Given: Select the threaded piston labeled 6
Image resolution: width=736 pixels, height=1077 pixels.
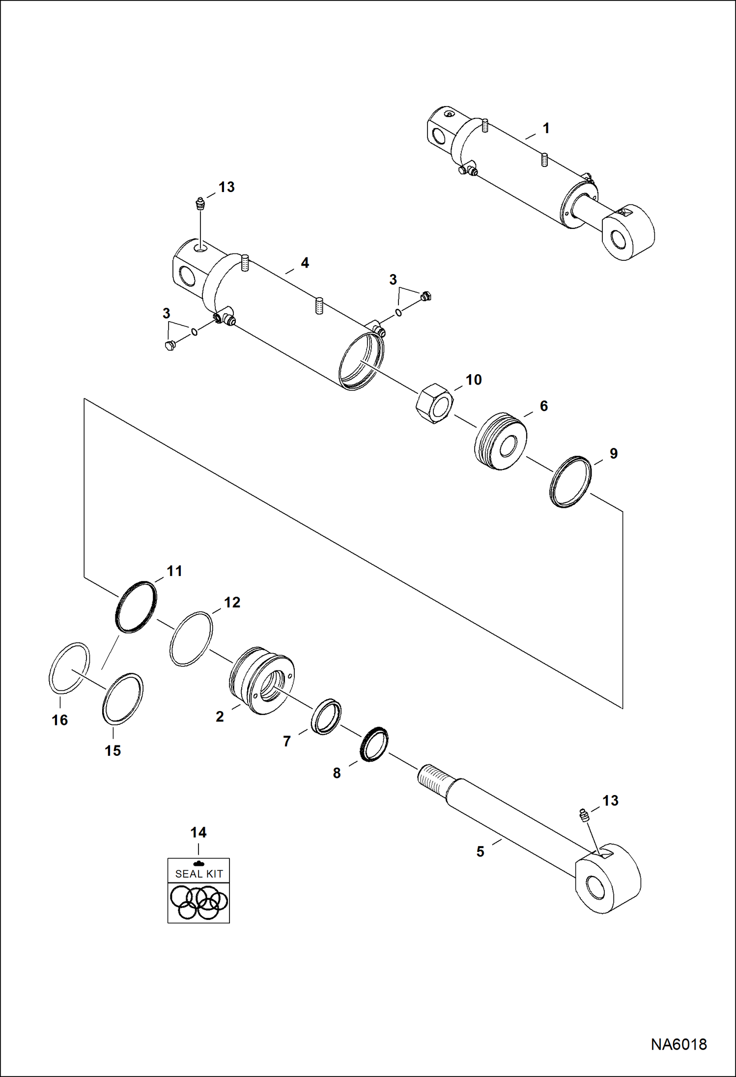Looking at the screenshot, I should pos(501,441).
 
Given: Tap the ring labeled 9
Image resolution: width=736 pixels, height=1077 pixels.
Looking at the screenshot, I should pos(570,481).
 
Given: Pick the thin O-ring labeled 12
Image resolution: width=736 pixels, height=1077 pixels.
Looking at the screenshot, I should pos(191,638).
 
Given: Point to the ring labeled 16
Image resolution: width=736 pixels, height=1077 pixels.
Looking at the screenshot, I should pos(69,667).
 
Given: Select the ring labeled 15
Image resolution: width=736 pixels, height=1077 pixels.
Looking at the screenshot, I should pos(122,698).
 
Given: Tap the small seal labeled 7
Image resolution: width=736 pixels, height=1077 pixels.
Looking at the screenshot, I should pos(326,718).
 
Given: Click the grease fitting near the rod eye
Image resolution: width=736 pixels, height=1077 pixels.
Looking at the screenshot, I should pos(584,816).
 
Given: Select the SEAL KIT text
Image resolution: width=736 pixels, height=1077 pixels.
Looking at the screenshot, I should pos(199,874).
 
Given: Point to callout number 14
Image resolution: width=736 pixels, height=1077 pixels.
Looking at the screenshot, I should pos(198,832).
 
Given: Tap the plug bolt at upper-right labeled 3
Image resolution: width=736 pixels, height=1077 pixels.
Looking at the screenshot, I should pos(426,296).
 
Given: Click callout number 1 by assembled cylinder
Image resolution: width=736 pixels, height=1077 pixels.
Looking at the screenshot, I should pos(545,129).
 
